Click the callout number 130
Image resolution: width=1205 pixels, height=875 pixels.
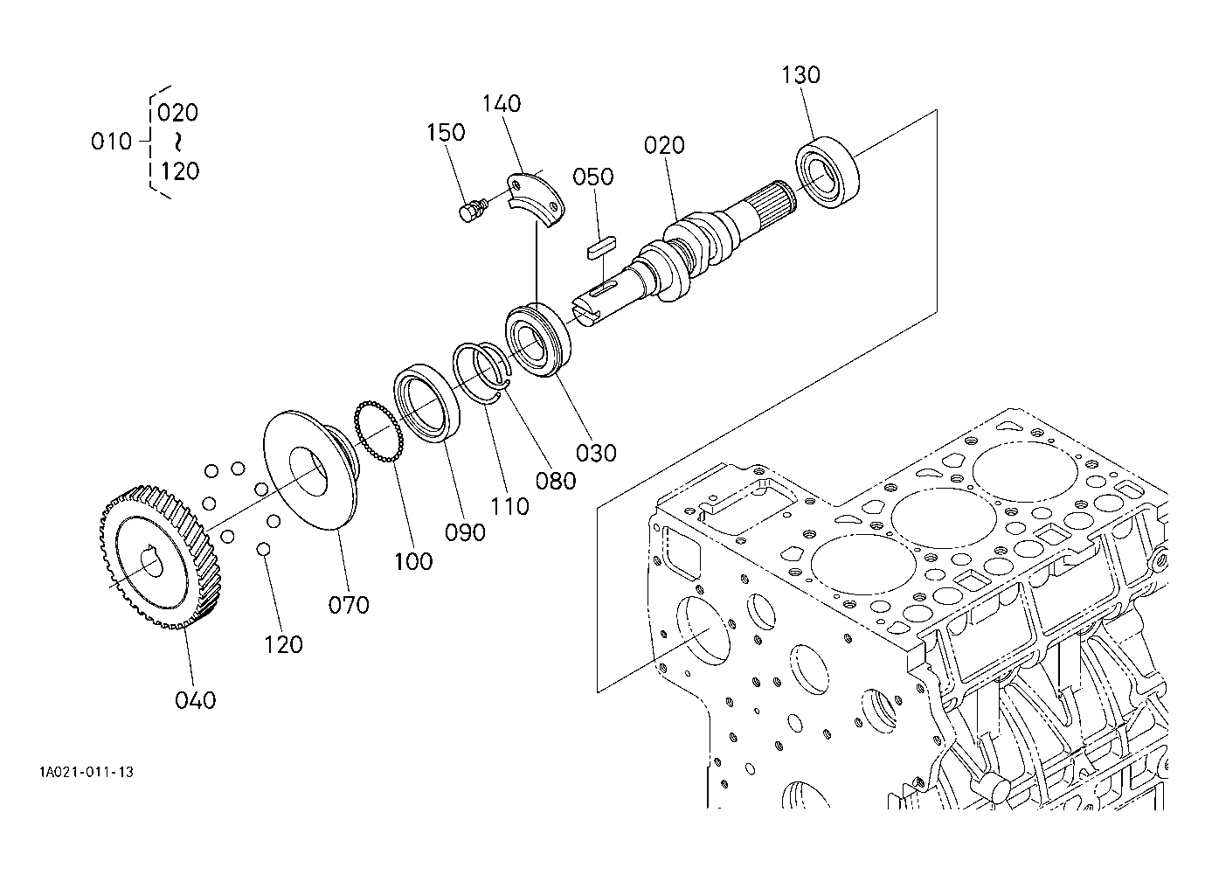tap(800, 75)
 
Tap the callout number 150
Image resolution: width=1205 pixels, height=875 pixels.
tap(446, 132)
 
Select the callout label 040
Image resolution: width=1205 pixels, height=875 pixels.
tap(195, 701)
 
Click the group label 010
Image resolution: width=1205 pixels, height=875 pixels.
tap(111, 142)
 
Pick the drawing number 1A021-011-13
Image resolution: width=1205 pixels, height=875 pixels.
tap(86, 773)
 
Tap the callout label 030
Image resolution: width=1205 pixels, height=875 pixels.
tap(596, 453)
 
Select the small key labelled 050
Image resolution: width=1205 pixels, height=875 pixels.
tap(601, 247)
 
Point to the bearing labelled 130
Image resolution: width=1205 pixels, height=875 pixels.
tap(828, 173)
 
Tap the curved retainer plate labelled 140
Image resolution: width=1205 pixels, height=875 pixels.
tap(537, 199)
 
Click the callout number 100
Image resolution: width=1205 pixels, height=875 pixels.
tap(413, 562)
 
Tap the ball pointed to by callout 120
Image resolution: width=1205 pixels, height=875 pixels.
tap(264, 549)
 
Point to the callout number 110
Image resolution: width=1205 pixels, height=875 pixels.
tap(509, 507)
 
